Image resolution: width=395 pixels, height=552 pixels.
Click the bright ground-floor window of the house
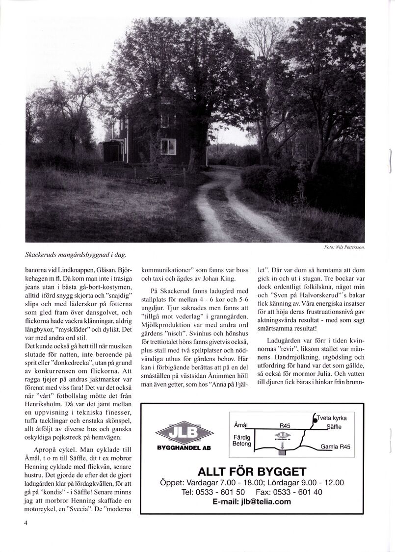pos(168,146)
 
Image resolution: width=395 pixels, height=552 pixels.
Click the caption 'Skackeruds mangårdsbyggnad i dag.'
pos(76,255)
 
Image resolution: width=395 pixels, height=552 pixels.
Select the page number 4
pos(26,523)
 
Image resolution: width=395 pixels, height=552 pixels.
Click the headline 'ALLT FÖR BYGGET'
pos(252,472)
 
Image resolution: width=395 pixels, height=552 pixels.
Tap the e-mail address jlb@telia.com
pos(252,501)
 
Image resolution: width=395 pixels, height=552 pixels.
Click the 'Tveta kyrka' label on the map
pos(332,418)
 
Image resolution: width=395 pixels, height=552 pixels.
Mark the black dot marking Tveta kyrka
pos(314,420)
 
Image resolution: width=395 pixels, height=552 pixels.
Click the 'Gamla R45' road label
pos(335,447)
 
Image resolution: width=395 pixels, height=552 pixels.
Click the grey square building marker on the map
pos(282,452)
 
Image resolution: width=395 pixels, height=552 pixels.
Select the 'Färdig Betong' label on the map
pos(242,441)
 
